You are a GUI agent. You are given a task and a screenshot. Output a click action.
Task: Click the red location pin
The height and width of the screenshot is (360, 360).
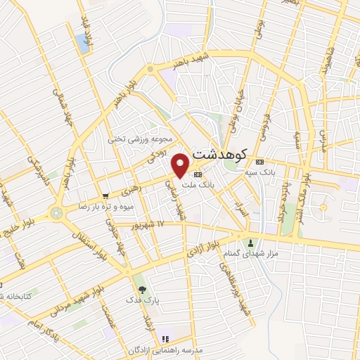[181, 165]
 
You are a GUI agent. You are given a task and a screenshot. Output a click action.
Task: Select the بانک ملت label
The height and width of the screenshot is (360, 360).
[197, 185]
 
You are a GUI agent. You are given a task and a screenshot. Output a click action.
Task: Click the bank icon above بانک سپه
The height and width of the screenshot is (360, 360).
[259, 160]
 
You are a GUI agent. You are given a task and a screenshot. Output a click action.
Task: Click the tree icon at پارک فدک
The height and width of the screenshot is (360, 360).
[143, 289]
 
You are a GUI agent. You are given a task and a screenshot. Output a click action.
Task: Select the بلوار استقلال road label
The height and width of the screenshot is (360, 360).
[89, 242]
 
